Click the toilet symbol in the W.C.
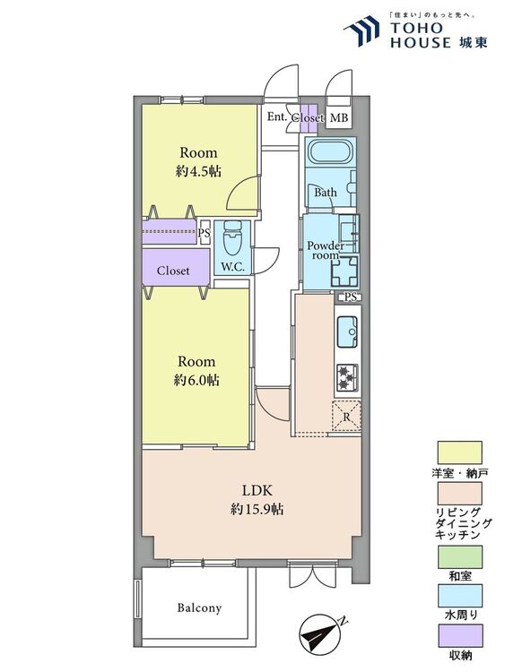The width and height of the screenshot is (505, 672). [x=233, y=238]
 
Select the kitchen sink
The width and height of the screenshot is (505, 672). [x=347, y=332]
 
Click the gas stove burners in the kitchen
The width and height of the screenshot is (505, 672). [x=346, y=377]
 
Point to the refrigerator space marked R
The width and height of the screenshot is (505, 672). [x=346, y=417]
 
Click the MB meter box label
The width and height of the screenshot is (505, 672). [x=338, y=117]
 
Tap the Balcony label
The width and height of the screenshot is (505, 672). [x=199, y=607]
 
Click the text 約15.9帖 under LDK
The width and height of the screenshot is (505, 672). [x=257, y=509]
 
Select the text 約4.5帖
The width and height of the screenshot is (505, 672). [x=198, y=171]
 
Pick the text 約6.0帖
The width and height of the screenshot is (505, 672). [x=196, y=380]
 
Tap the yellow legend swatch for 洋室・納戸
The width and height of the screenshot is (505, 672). [x=459, y=452]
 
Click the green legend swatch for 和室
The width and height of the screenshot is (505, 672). [x=459, y=556]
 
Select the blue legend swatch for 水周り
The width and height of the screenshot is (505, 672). [x=459, y=596]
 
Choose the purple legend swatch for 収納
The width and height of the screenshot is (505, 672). [x=459, y=635]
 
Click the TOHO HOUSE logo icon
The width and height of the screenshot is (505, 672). [x=361, y=30]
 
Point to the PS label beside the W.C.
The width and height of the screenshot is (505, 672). [x=205, y=233]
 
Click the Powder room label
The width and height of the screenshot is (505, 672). [x=326, y=251]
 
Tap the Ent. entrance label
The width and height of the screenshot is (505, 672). [x=277, y=116]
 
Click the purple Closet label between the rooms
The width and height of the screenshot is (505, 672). [x=173, y=271]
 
